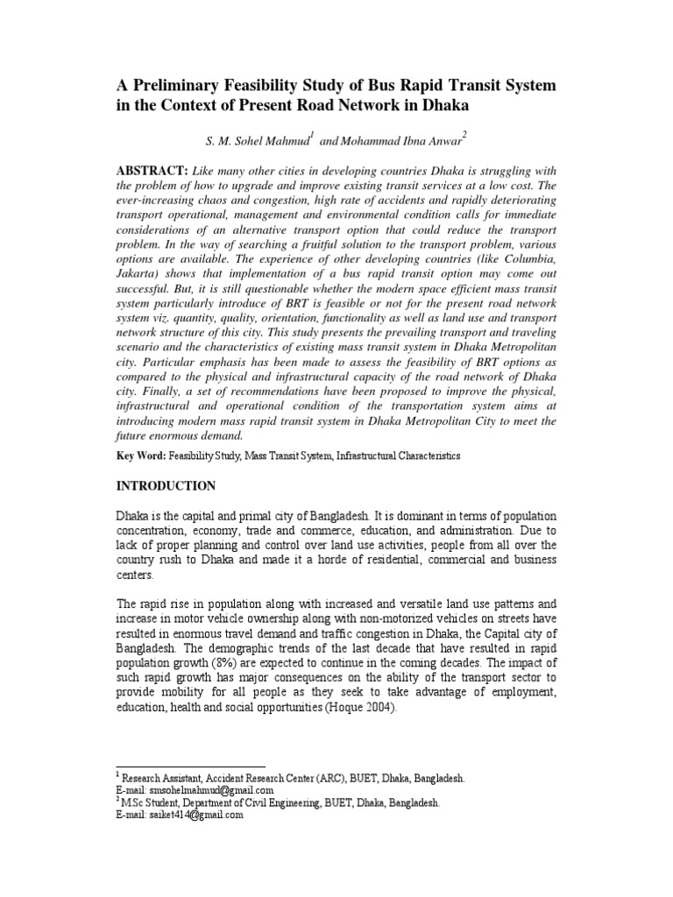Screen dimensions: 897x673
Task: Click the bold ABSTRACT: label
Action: [x=152, y=169]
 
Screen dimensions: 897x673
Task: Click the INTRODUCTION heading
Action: [x=166, y=485]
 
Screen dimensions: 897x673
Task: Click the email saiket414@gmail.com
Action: [x=191, y=815]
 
